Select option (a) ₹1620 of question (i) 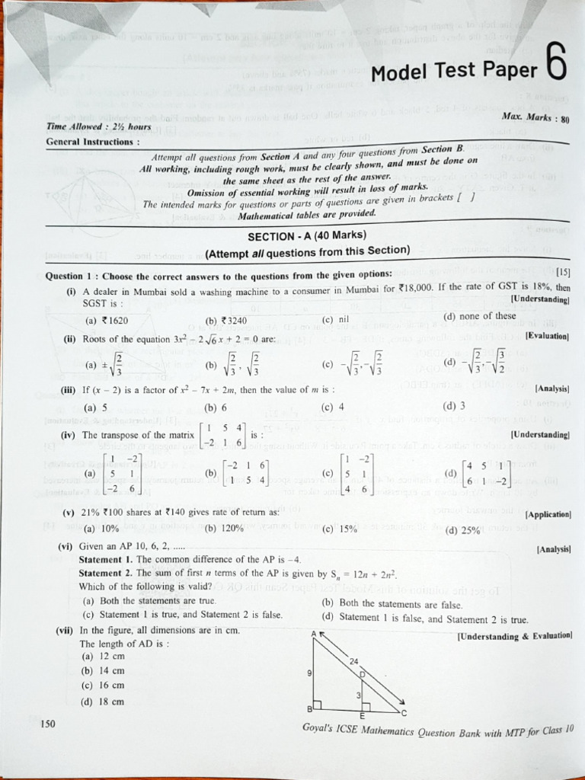[106, 321]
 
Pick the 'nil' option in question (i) [335, 319]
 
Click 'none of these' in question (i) [479, 316]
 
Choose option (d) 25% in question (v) [462, 531]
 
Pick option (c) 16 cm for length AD [103, 686]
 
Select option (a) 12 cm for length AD [103, 656]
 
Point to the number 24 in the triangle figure [353, 661]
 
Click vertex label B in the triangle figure [309, 709]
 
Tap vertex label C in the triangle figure [404, 712]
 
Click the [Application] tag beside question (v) [548, 515]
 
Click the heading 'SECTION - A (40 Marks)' [307, 235]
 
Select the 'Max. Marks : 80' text [536, 118]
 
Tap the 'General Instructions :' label [93, 142]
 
